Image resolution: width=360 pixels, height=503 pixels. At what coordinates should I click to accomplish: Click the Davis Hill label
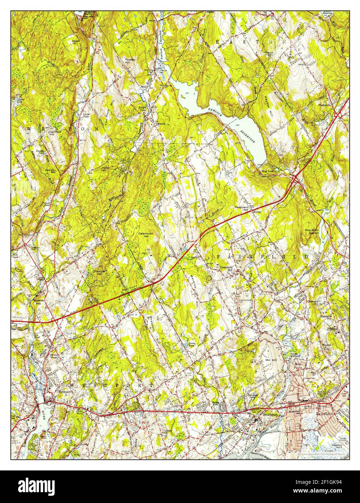point(75,42)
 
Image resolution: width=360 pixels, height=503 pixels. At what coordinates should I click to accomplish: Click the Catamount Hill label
point(146,235)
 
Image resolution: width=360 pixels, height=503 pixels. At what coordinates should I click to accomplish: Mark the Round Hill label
point(327,347)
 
